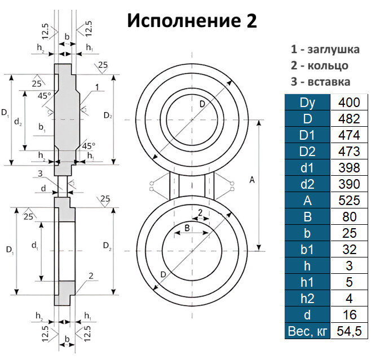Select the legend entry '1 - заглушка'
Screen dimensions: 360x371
tap(325, 49)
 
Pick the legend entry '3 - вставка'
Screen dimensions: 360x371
tap(320, 82)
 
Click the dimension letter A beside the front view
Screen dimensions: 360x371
tap(251, 180)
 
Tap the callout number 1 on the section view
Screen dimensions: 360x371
tap(97, 88)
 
